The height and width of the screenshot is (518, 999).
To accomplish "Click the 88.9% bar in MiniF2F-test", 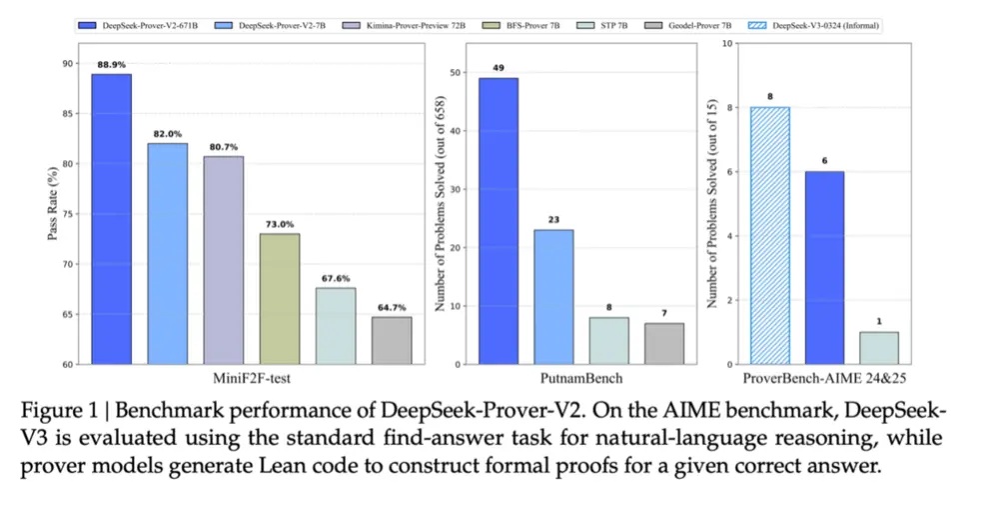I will pyautogui.click(x=112, y=219).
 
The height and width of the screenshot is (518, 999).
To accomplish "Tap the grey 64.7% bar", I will pyautogui.click(x=392, y=340).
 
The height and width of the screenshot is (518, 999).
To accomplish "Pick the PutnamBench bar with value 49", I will pyautogui.click(x=499, y=221).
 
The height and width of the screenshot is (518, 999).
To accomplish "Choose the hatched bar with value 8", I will pyautogui.click(x=768, y=236).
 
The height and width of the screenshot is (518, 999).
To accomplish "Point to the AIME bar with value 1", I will pyautogui.click(x=879, y=348).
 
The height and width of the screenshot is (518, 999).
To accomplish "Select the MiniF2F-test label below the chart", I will pyautogui.click(x=252, y=380).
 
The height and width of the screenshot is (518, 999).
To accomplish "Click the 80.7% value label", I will pyautogui.click(x=224, y=147).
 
